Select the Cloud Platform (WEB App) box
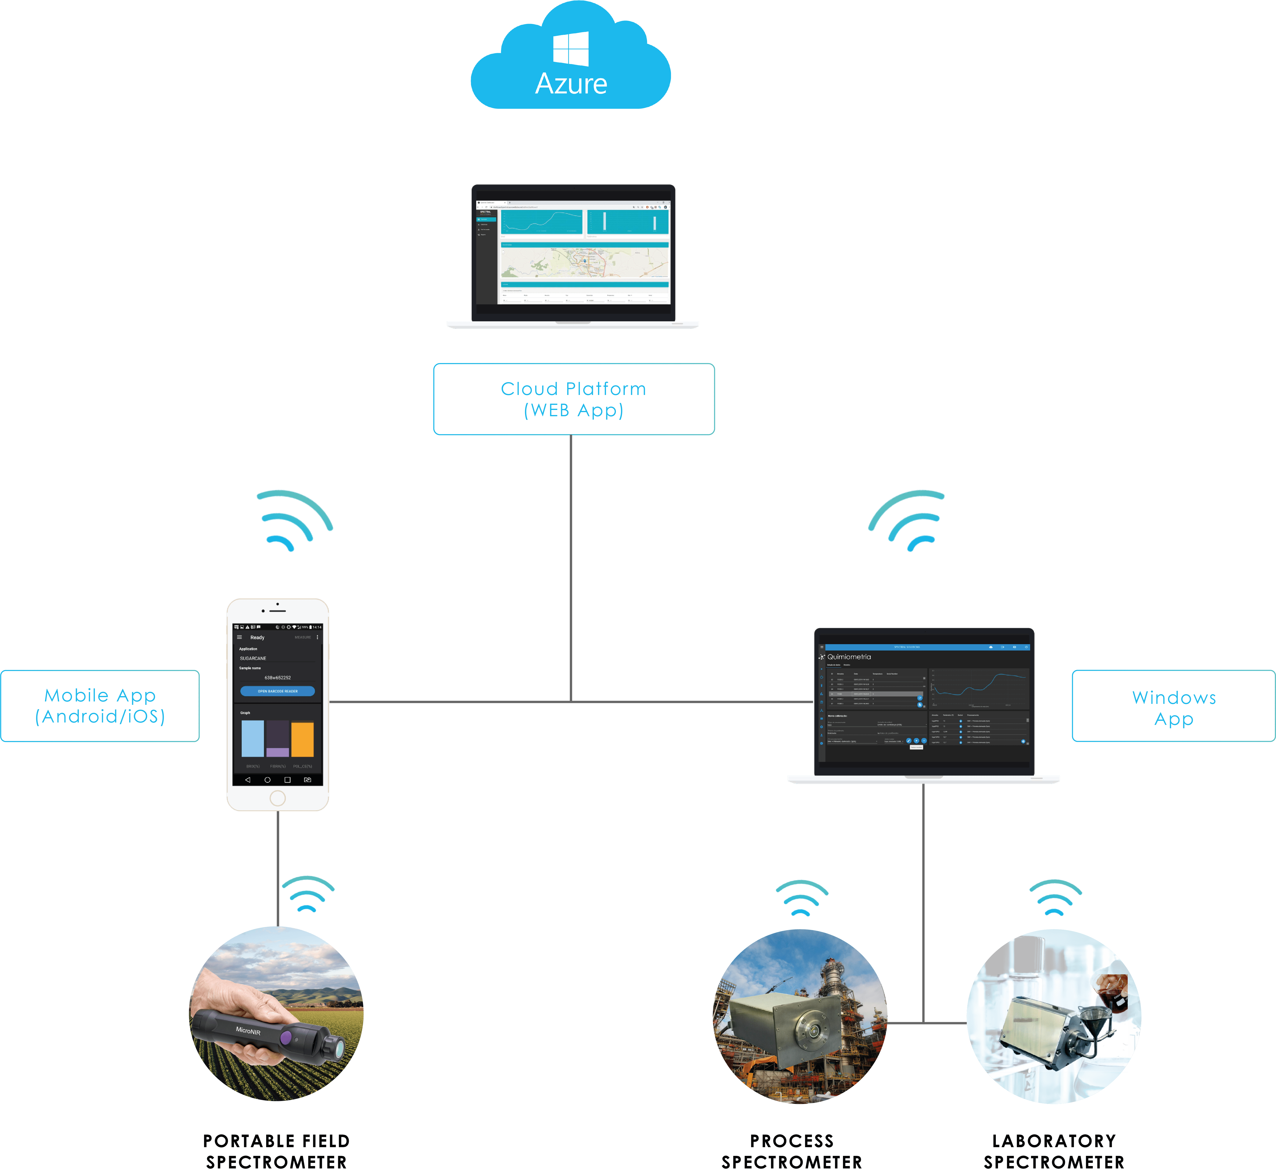coord(574,399)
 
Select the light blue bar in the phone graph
coord(253,738)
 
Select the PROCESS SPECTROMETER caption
coord(792,1151)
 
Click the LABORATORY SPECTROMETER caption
coord(1054,1151)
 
